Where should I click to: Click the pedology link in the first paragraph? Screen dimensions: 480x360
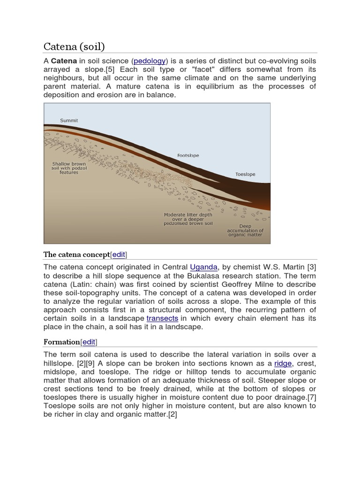(x=150, y=61)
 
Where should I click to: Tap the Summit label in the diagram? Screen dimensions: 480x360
(x=69, y=120)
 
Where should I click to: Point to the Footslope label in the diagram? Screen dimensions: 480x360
(x=188, y=155)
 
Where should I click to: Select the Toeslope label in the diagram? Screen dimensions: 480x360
(x=245, y=174)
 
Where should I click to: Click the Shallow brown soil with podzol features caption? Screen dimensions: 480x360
(x=69, y=168)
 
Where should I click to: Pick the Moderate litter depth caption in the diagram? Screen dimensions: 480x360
(x=188, y=219)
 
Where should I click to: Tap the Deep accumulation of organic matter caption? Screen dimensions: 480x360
(x=245, y=230)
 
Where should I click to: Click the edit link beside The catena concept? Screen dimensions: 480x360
(x=119, y=255)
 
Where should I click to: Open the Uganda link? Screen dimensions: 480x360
(x=204, y=267)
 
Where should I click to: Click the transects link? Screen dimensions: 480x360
(x=162, y=318)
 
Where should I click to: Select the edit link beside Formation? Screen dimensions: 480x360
(x=89, y=342)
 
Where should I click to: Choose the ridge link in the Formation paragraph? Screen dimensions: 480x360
(x=283, y=363)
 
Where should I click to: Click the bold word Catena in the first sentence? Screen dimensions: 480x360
(x=64, y=61)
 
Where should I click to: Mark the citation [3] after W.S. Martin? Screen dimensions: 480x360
(x=311, y=267)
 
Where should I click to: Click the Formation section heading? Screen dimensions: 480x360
(x=62, y=342)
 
